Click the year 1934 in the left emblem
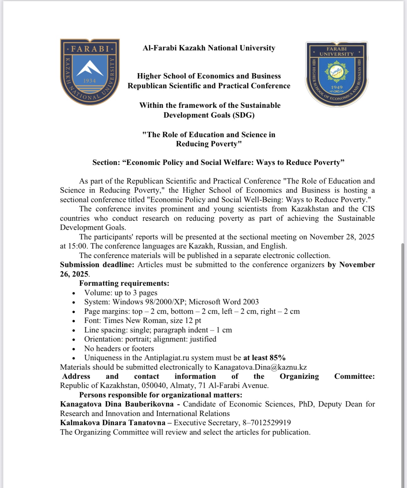tap(89, 81)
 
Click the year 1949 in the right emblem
tap(337, 87)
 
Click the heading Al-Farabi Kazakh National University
tap(209, 48)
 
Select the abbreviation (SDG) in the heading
tap(243, 115)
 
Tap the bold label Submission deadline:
tap(97, 265)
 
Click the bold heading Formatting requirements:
tap(124, 283)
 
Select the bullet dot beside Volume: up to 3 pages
tap(74, 293)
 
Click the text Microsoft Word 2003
tap(224, 302)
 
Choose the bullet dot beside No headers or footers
tap(74, 349)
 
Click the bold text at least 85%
tap(264, 358)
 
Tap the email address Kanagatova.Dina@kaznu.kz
tap(260, 367)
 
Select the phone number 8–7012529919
tap(267, 423)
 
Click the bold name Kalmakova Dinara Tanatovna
tap(113, 423)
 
